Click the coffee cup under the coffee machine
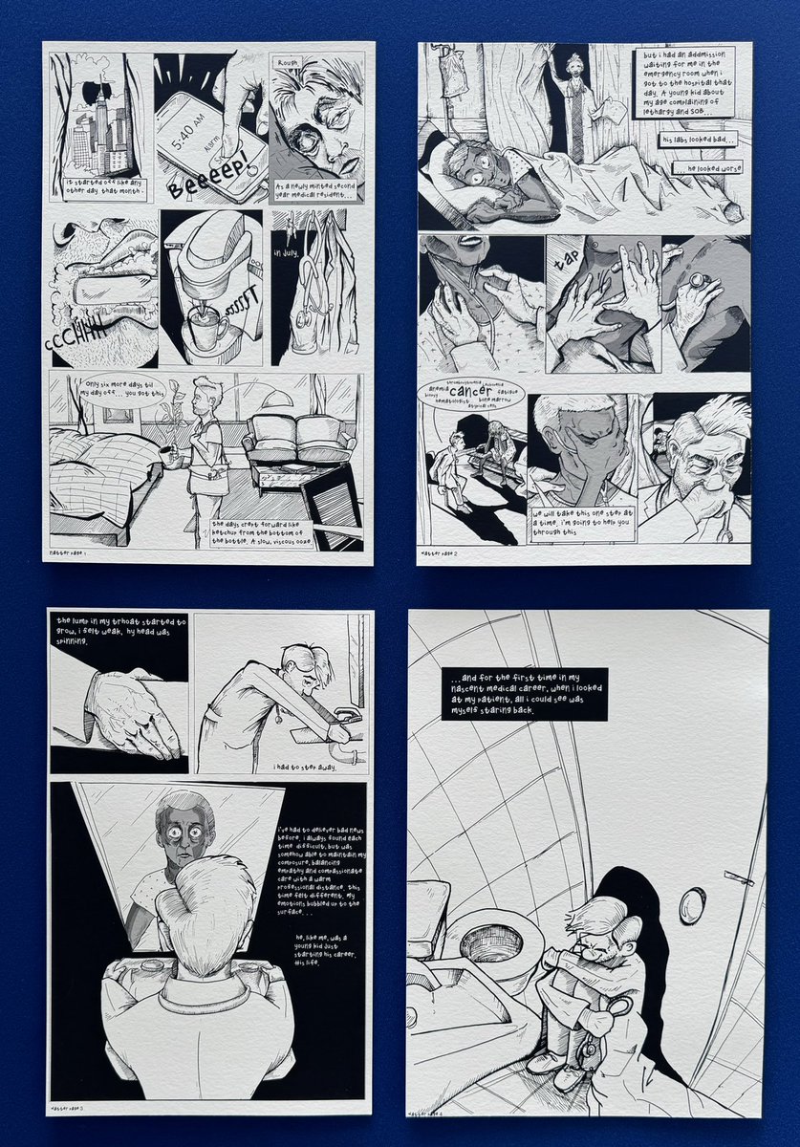pyautogui.click(x=205, y=330)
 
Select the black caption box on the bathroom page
pyautogui.click(x=525, y=694)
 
